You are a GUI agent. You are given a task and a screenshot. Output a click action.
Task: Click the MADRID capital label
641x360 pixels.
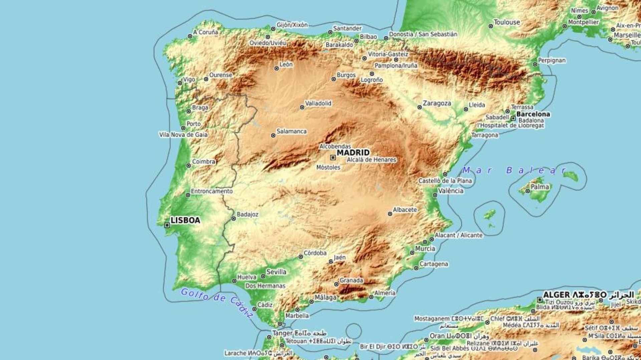point(353,153)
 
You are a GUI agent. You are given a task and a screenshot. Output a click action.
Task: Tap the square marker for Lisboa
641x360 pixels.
point(167,225)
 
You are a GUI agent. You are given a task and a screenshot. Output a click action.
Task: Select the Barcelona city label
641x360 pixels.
point(533,114)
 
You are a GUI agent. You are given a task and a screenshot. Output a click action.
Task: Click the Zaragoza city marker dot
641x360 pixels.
point(420,107)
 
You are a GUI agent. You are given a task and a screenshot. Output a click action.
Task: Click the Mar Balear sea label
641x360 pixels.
point(514,170)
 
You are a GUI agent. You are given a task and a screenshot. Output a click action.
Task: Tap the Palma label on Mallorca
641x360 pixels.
point(540,187)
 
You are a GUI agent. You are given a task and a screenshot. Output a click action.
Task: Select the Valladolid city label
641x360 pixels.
point(318,103)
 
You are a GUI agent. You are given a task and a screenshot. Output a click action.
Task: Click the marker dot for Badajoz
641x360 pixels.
point(234,219)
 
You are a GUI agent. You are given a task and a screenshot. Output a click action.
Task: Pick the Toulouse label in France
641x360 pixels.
point(506,22)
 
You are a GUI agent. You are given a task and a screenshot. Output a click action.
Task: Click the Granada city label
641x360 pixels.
point(351,280)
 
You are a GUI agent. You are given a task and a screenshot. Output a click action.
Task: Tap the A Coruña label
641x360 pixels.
point(206,32)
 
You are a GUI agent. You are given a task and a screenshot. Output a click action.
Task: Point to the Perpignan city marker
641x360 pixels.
point(535,64)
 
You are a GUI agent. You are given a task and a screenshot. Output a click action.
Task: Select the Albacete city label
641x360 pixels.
point(405,210)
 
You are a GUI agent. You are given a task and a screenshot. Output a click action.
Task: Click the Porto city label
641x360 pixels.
point(194,124)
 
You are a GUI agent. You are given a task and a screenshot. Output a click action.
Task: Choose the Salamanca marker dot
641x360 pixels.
point(273,136)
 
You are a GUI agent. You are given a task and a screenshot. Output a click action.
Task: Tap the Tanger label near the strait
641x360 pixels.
point(282,333)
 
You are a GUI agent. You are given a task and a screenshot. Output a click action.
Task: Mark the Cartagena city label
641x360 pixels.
point(433,264)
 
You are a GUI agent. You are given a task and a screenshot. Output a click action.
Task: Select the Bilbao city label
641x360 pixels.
point(368,37)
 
